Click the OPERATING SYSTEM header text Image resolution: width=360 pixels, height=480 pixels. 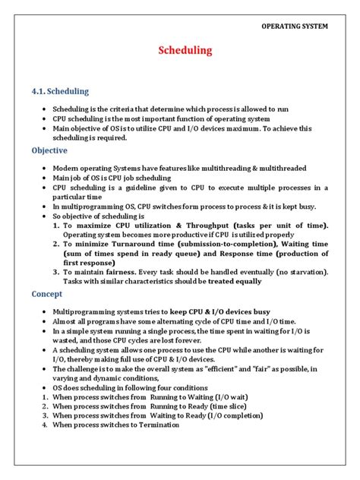click(295, 27)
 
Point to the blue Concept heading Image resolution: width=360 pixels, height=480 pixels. click(47, 294)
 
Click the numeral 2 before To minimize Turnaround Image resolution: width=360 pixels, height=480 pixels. click(55, 245)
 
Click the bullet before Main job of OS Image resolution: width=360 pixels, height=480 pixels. click(46, 177)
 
